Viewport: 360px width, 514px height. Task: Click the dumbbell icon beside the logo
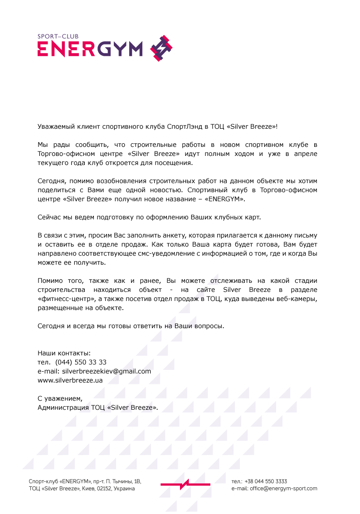point(161,48)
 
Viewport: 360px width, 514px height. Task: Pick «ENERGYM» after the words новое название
point(226,199)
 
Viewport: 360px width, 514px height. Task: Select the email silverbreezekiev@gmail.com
point(107,371)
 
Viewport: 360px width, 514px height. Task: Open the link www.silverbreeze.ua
point(70,380)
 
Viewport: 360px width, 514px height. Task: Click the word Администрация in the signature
point(63,407)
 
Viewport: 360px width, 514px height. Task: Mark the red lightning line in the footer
point(185,485)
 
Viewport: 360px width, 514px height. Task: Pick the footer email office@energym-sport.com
point(283,489)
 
